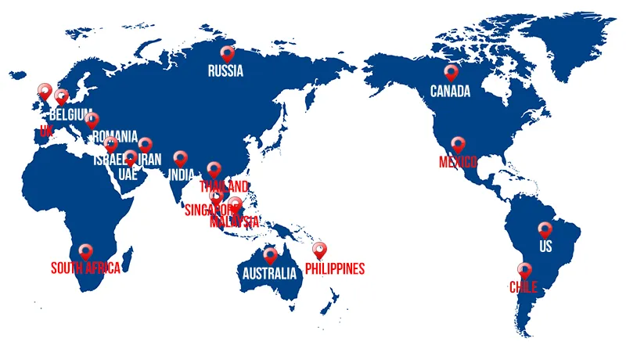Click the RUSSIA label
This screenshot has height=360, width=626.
(x=225, y=71)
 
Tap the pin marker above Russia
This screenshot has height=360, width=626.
(x=227, y=53)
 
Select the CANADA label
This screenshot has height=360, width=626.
(x=450, y=92)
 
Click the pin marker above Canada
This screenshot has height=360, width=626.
(x=451, y=72)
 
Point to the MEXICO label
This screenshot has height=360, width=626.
(x=458, y=162)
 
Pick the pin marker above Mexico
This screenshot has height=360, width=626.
(x=459, y=144)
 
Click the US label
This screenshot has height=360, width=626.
(x=545, y=248)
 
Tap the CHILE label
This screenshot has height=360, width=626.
(x=523, y=287)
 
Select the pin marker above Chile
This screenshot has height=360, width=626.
(x=525, y=269)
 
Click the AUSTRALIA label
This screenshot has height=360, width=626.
(x=268, y=273)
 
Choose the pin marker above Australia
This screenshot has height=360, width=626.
(x=271, y=254)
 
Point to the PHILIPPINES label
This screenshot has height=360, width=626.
(x=335, y=269)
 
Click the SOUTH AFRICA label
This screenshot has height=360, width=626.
(x=86, y=268)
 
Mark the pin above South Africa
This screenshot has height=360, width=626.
(x=86, y=250)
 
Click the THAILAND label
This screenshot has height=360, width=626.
(x=224, y=186)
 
